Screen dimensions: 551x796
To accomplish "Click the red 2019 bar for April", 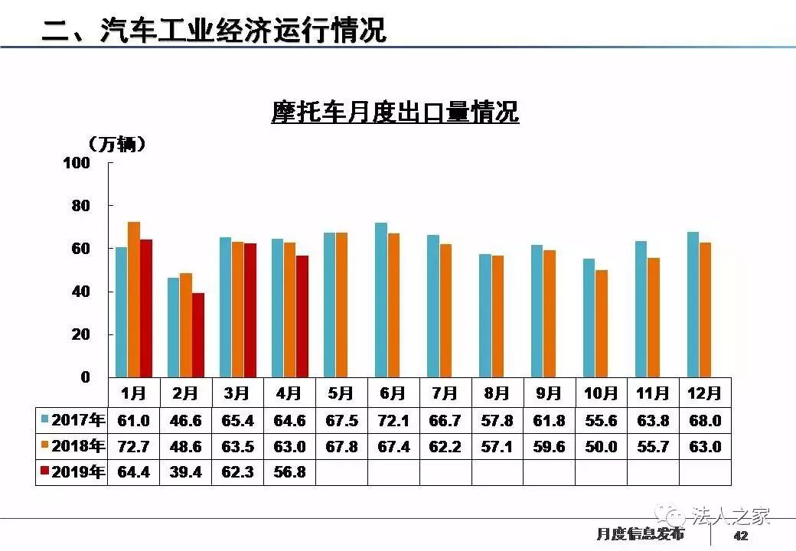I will coord(302,316).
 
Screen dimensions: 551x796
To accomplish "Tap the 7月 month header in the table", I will coord(445,393).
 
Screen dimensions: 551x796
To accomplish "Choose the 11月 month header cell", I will coord(652,393).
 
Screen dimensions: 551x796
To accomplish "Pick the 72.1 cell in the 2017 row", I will coord(393,420).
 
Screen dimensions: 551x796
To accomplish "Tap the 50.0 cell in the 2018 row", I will coord(601,446).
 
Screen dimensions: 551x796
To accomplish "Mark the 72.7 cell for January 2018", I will coord(133,446).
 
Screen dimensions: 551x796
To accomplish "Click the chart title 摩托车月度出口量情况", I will coord(395,112).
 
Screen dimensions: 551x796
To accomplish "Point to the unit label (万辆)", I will coord(116,143).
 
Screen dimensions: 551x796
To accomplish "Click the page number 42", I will coord(740,536).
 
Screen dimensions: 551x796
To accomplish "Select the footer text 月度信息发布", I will coord(640,534).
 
